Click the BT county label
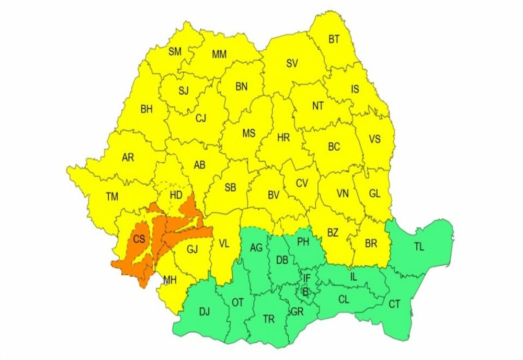pos(334,39)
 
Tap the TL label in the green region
pos(419,247)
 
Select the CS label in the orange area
pos(139,240)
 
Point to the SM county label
pos(175,51)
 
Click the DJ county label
pos(204,312)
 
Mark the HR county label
pos(283,138)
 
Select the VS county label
pos(374,140)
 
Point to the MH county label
pos(169,279)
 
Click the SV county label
pos(292,64)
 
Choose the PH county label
pos(303,242)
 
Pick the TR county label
pos(268,319)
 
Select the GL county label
pos(374,194)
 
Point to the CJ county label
pos(201,119)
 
